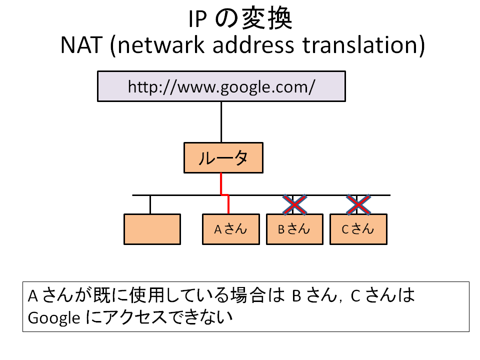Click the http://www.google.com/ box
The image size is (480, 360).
pos(221,86)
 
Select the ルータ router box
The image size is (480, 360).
pos(223,157)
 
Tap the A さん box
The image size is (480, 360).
pos(231,229)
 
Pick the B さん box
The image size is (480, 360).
pos(294,229)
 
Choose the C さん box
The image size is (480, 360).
pos(358,229)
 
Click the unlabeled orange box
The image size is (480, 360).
pos(152,229)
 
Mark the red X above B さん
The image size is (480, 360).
pos(294,204)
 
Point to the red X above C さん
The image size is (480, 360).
pos(358,204)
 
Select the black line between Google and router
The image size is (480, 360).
pos(221,122)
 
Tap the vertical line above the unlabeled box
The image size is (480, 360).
pos(150,204)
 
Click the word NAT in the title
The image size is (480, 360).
pos(81,45)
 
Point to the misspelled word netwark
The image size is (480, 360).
pos(161,45)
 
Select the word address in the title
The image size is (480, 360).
pos(253,45)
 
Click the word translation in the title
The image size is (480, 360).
pos(359,45)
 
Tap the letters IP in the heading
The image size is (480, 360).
pos(197,19)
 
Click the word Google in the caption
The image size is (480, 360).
pos(54,318)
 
